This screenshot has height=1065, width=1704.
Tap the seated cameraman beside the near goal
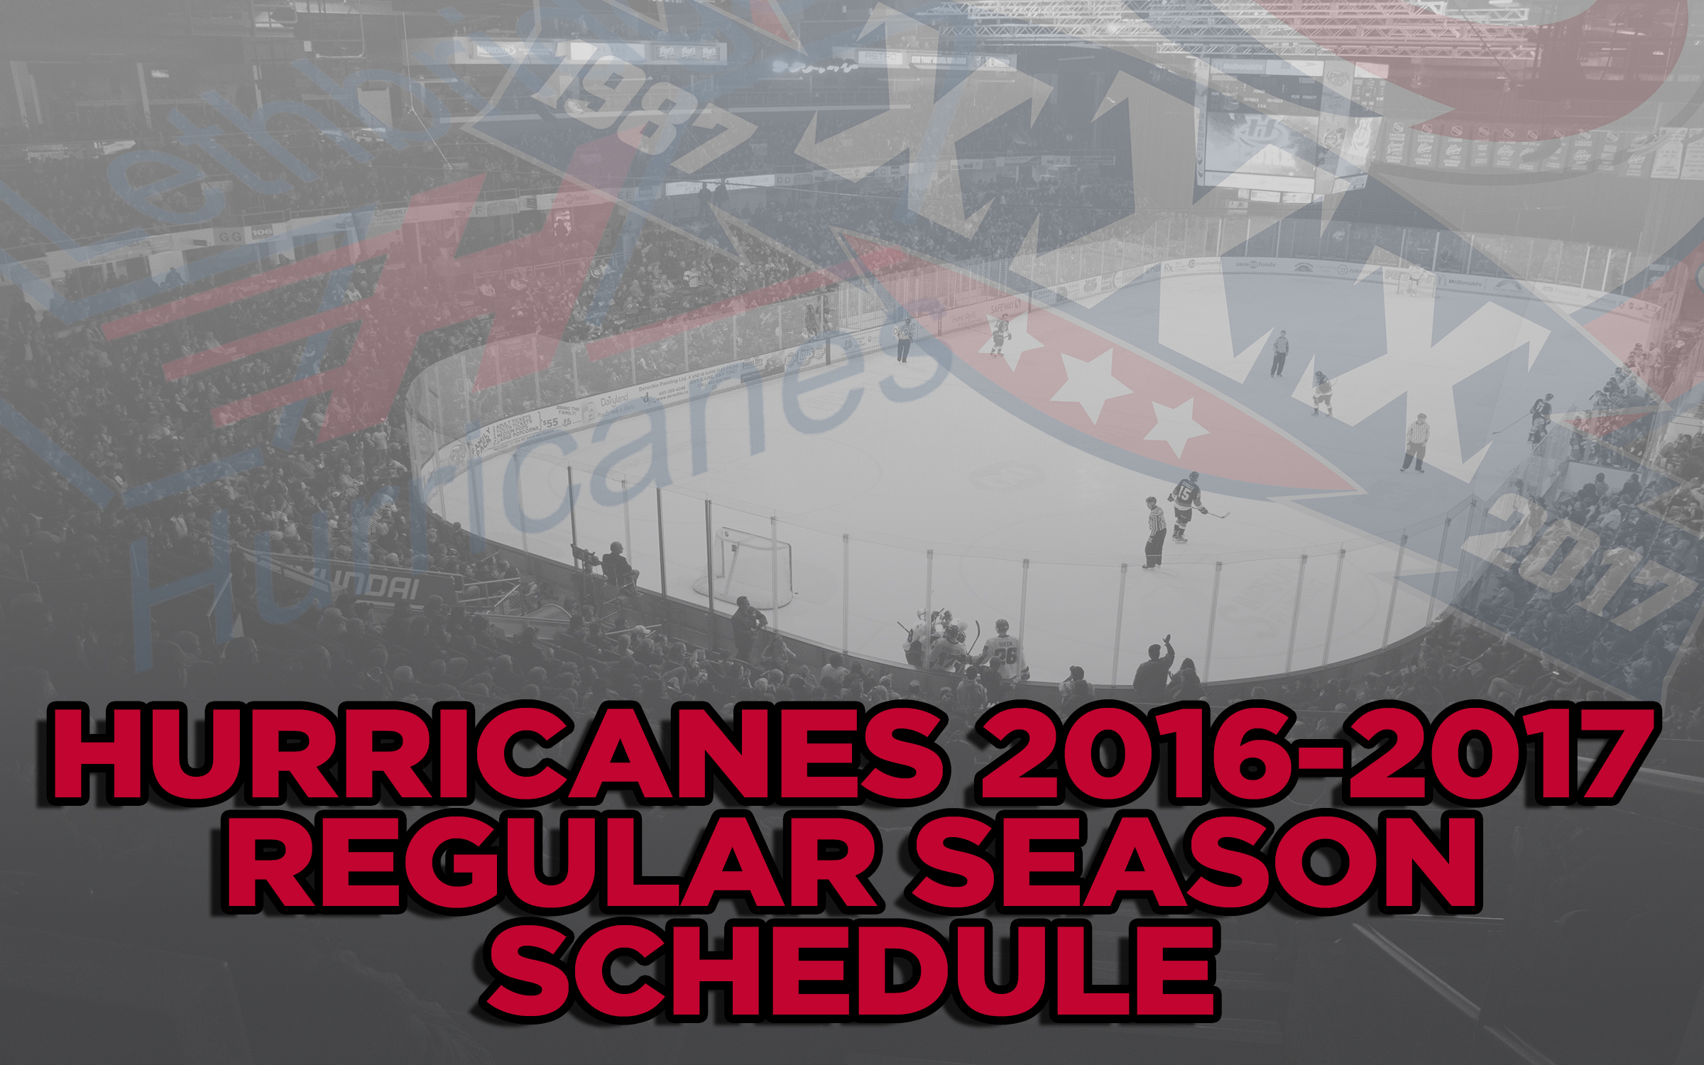click(x=618, y=564)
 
